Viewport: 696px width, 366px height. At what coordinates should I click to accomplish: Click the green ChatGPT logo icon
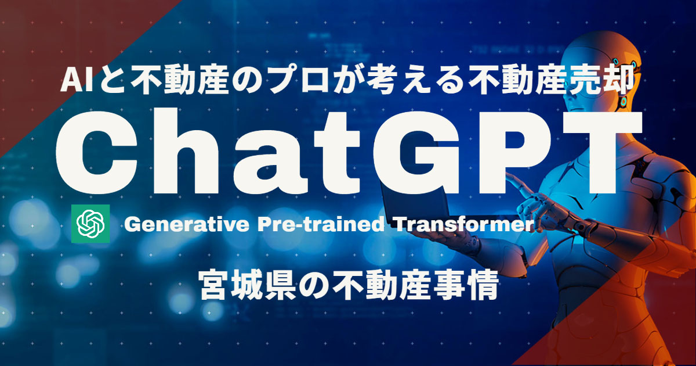(89, 224)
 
